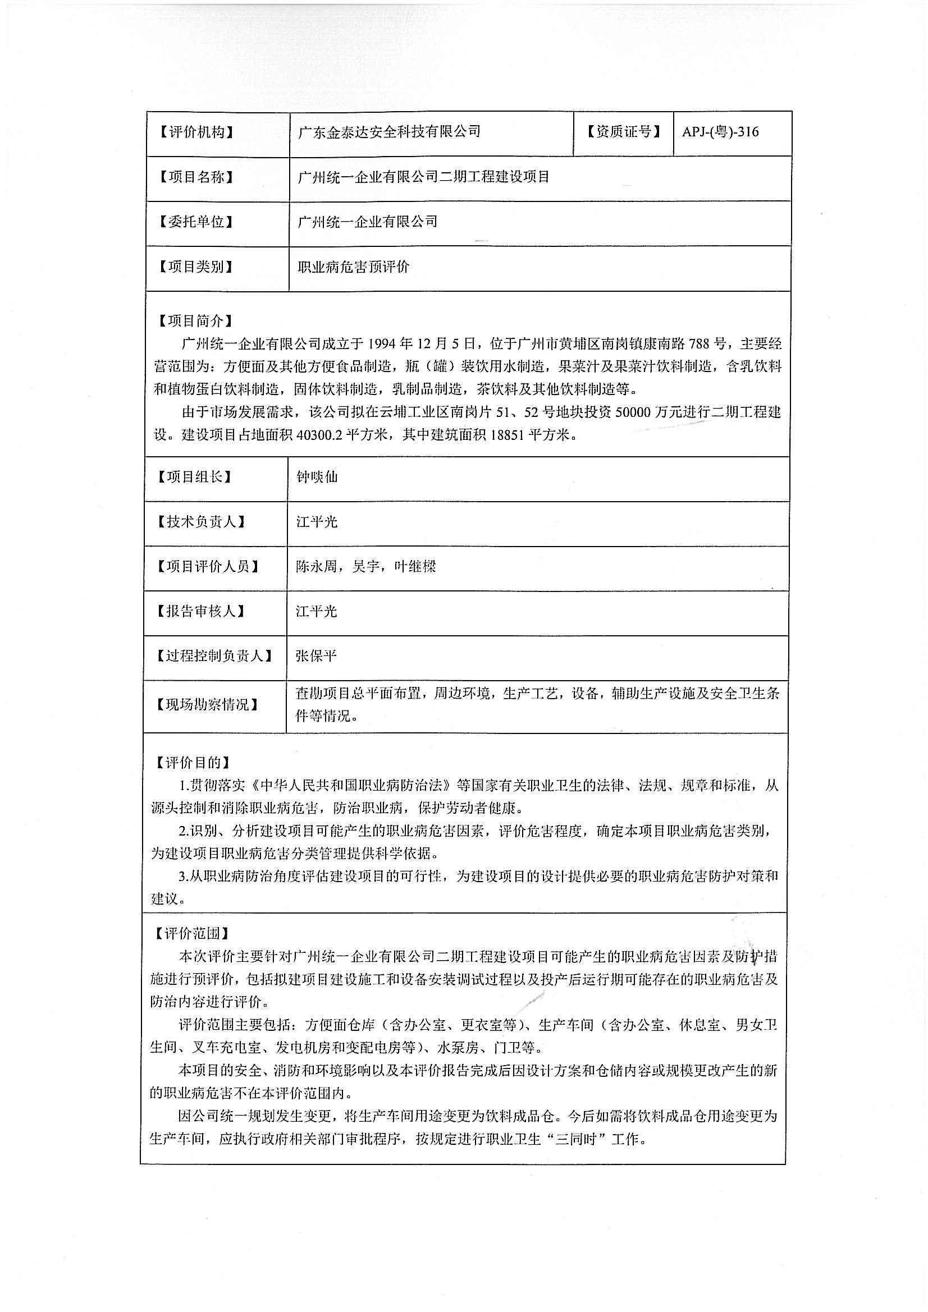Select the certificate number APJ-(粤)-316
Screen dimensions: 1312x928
coord(720,132)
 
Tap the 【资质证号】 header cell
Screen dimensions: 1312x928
coord(623,132)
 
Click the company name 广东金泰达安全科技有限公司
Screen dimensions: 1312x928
coord(389,132)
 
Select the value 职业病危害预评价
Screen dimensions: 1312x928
coord(353,267)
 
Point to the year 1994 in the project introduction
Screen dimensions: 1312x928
coord(382,343)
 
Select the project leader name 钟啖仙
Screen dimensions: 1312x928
coord(317,476)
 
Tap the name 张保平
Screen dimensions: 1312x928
coord(316,655)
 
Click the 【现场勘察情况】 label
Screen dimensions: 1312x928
coord(208,705)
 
